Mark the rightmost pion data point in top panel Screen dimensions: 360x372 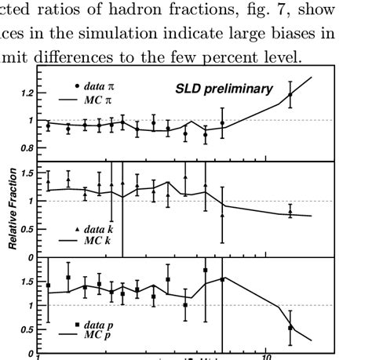coord(290,95)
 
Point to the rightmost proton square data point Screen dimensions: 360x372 coord(290,328)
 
